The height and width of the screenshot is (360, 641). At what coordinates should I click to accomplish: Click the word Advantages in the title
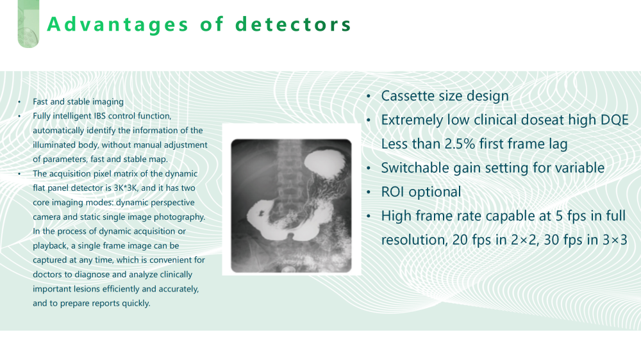click(x=118, y=24)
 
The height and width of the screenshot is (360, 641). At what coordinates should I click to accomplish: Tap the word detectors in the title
click(x=293, y=24)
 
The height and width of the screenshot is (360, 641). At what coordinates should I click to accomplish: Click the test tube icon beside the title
click(x=28, y=24)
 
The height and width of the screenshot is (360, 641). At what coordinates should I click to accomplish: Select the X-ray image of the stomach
click(x=291, y=206)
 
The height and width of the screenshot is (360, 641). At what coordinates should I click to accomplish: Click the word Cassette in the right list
click(x=408, y=95)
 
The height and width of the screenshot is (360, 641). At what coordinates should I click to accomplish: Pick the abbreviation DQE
click(x=615, y=120)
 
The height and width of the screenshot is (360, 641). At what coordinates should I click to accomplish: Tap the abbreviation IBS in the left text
click(x=100, y=116)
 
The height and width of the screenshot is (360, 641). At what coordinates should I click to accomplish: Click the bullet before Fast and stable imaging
click(x=19, y=102)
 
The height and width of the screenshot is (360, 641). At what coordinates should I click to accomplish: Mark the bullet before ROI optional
click(x=369, y=192)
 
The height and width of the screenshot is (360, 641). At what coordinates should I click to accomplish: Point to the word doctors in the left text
click(x=47, y=275)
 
